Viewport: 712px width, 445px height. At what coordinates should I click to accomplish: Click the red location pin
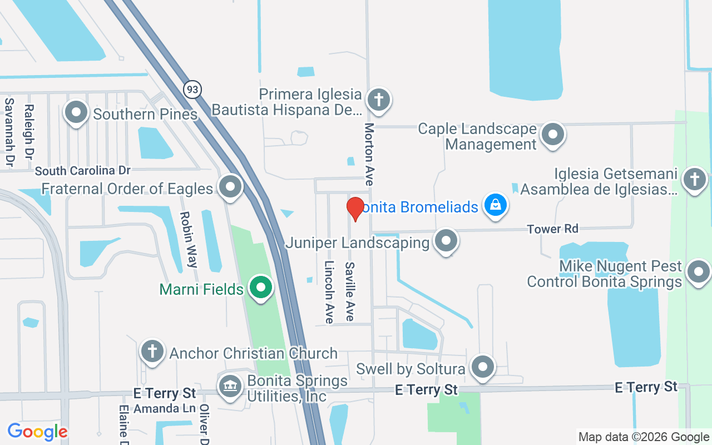[x=355, y=209]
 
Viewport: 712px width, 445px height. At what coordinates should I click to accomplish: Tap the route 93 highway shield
[x=192, y=89]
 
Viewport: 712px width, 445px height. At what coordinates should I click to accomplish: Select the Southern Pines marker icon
[x=76, y=113]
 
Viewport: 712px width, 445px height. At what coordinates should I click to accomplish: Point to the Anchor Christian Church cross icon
[x=152, y=352]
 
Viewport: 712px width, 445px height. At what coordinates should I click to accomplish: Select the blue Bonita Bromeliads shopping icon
[x=495, y=206]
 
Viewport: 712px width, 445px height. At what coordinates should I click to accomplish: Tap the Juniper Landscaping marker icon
[x=446, y=241]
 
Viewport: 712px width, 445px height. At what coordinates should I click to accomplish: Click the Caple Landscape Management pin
[x=553, y=135]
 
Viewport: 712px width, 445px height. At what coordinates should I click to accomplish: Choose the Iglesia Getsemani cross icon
[x=694, y=179]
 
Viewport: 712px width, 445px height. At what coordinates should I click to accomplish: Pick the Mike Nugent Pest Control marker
[x=698, y=273]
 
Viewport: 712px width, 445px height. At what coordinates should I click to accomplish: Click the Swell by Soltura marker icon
[x=482, y=367]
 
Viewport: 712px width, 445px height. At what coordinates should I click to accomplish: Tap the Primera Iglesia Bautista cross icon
[x=379, y=100]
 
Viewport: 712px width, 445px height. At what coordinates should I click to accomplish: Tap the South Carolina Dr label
[x=82, y=170]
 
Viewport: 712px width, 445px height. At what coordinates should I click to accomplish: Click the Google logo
[x=37, y=432]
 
